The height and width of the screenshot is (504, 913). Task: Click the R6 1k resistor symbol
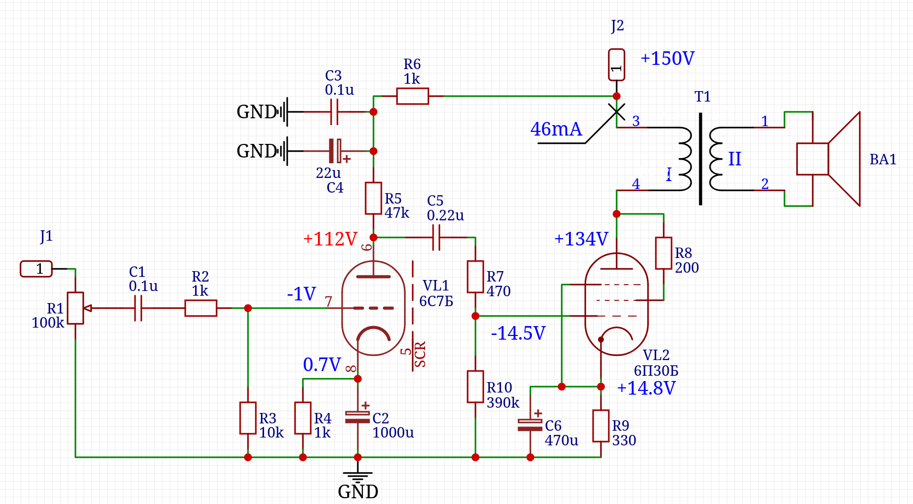pos(412,96)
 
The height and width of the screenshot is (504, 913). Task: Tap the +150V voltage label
pos(667,58)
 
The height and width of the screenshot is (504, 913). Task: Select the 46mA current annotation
pos(556,129)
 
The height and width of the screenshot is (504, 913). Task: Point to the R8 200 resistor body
pos(664,253)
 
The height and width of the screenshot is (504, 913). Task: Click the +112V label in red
pos(330,239)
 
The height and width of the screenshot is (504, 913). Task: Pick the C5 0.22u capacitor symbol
pos(436,238)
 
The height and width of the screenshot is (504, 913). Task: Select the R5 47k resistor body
pos(373,198)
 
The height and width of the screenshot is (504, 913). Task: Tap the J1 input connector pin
pos(36,269)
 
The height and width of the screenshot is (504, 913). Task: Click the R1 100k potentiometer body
pos(75,308)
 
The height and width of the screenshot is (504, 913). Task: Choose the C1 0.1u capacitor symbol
pos(138,308)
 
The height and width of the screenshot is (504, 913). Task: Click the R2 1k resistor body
pos(201,308)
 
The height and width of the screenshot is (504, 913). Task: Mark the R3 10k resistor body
pos(248,418)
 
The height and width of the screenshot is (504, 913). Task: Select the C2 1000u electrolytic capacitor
pos(358,417)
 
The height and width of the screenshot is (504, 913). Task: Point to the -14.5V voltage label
pos(518,333)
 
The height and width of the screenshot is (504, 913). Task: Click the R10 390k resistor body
pos(475,387)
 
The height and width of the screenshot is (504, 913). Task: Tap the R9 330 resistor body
pos(601,426)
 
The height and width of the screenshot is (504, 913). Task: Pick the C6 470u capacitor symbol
pos(530,425)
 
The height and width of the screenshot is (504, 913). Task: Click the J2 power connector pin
pos(617,65)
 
